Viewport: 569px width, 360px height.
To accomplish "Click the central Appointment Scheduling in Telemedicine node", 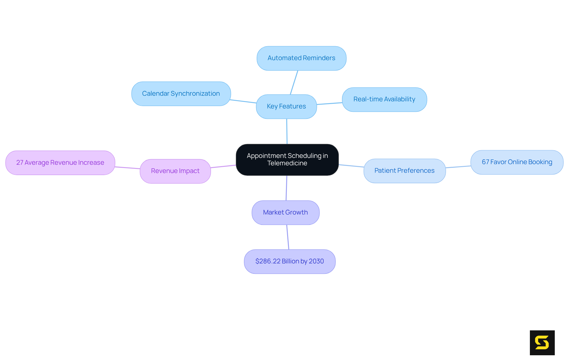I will click(x=287, y=160).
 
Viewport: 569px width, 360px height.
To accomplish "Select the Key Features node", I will click(x=286, y=106).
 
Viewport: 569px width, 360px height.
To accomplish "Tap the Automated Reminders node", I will click(x=301, y=58).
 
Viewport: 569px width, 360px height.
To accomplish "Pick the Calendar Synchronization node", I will click(x=181, y=94).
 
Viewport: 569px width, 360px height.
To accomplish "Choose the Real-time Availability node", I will click(x=384, y=99).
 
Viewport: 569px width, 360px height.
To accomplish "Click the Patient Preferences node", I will click(x=405, y=171).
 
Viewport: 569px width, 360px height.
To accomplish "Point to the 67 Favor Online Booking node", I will click(x=517, y=162).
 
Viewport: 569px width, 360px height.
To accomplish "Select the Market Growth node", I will click(x=285, y=212).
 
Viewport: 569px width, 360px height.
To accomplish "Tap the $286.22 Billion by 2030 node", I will click(x=290, y=261).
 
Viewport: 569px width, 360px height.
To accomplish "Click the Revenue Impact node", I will click(x=175, y=171).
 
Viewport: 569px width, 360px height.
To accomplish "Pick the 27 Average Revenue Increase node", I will click(x=60, y=163).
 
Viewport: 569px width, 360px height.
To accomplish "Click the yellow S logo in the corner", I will click(x=542, y=343).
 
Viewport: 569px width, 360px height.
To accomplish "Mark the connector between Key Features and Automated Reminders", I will click(x=294, y=82).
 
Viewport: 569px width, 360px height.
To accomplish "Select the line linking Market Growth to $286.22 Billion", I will click(x=288, y=237).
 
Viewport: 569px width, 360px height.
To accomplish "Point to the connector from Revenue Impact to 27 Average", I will click(x=127, y=168).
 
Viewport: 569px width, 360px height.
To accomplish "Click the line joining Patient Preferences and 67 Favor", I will click(x=458, y=167).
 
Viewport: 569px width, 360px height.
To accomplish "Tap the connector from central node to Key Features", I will click(x=287, y=131).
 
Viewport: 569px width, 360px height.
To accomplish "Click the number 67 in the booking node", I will click(x=485, y=162).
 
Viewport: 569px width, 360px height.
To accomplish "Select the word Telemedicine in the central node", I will click(x=287, y=163).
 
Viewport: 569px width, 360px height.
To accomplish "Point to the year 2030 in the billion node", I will click(x=316, y=261).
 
